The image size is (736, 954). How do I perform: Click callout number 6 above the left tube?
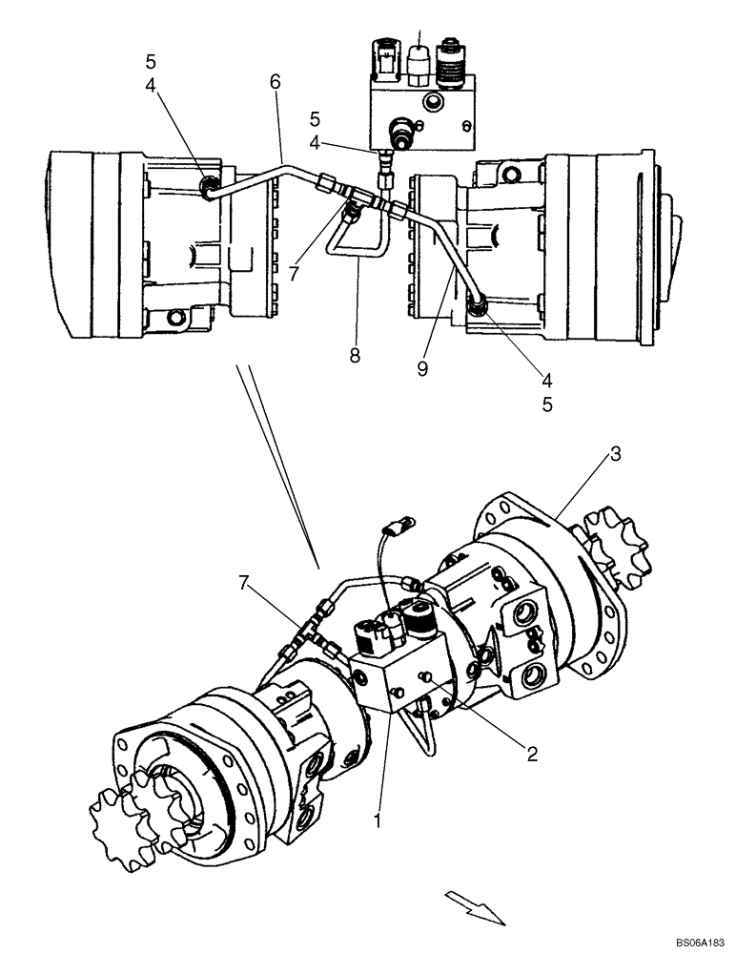[276, 82]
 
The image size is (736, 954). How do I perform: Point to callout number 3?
[616, 454]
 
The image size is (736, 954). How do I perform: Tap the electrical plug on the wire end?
[399, 524]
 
